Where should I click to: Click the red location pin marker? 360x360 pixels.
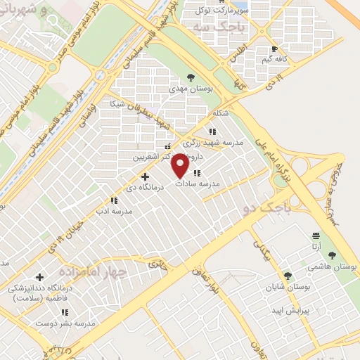(x=179, y=166)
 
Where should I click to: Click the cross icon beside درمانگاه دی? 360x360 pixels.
(x=145, y=176)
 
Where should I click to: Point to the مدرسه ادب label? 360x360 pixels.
(x=113, y=210)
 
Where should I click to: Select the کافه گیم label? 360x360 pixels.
(x=274, y=60)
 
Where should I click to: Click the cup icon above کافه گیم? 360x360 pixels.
(x=274, y=49)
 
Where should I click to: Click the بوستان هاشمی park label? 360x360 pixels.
(x=333, y=267)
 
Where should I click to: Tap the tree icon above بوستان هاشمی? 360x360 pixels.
(x=332, y=256)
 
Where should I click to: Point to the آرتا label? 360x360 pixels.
(x=317, y=247)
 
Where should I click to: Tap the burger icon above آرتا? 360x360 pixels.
(x=316, y=236)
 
